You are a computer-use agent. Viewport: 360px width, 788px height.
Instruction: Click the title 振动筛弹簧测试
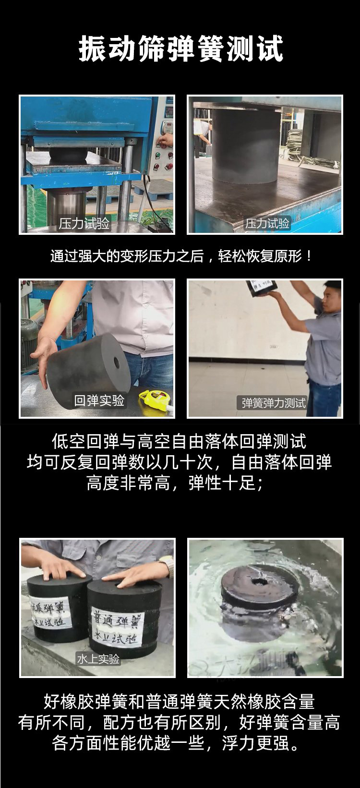(180, 49)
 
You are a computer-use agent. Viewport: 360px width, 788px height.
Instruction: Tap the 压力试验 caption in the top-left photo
(84, 224)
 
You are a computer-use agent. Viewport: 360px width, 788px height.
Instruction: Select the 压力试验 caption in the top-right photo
(267, 223)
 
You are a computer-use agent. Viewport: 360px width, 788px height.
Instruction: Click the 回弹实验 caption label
(99, 400)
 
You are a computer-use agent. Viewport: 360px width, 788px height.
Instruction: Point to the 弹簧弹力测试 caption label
(274, 402)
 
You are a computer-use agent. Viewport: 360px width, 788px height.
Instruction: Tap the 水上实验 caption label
(98, 659)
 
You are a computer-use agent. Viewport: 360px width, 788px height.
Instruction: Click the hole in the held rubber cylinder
(116, 362)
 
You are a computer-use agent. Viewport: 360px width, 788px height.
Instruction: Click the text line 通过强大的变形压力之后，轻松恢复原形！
(180, 255)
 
